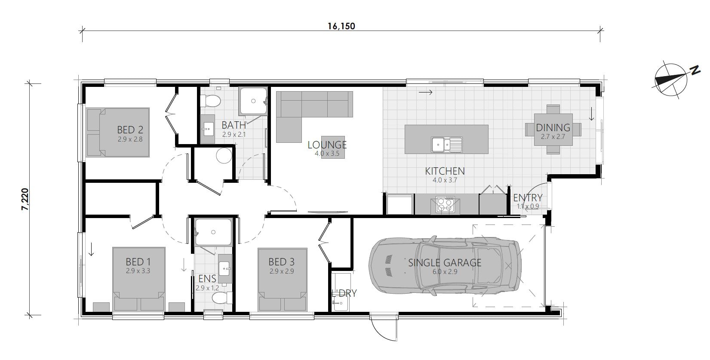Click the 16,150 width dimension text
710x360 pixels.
[x=341, y=26]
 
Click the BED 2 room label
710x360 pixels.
[x=130, y=129]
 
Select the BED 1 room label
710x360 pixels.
[x=138, y=262]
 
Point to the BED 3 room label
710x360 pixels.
[x=281, y=262]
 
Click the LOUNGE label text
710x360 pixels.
[x=327, y=145]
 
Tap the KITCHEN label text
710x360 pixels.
[x=445, y=171]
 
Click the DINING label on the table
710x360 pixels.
[x=553, y=128]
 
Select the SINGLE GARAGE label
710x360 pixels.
[x=445, y=263]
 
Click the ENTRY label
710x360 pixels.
[x=528, y=198]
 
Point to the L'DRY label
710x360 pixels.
[x=344, y=294]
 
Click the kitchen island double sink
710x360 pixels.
[x=447, y=144]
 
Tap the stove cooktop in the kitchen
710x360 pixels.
[x=445, y=204]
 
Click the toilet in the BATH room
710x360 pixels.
[x=212, y=101]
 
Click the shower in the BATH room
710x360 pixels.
[x=253, y=102]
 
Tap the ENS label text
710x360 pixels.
[x=207, y=279]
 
